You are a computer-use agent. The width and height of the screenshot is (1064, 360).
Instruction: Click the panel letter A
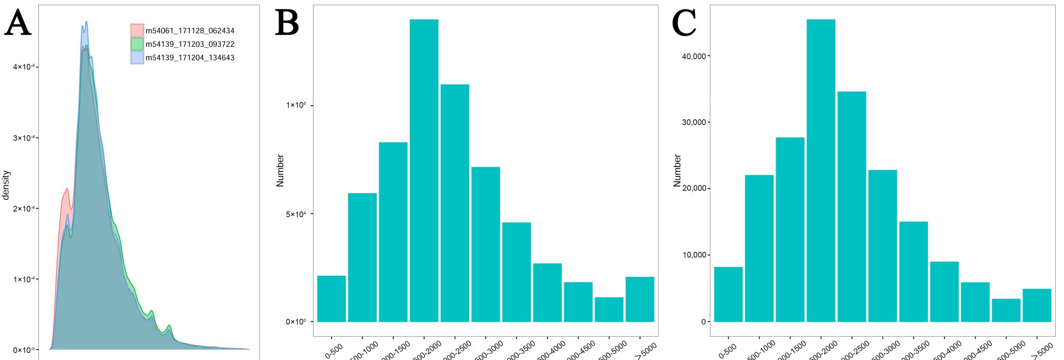point(18,23)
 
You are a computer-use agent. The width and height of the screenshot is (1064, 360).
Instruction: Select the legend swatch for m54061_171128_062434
point(137,31)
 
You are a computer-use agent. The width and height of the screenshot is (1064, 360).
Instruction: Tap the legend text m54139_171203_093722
point(190,44)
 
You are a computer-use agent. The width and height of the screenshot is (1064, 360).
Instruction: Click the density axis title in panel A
point(6,185)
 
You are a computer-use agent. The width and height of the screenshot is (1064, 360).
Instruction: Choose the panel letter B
point(287,23)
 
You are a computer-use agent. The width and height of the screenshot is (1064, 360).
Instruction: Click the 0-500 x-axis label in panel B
point(334,351)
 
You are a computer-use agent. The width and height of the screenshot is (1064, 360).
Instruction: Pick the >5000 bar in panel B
point(640,299)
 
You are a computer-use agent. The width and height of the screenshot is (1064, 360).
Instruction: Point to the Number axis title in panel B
point(281,170)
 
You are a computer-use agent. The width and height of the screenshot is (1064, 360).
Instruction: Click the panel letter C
point(684,23)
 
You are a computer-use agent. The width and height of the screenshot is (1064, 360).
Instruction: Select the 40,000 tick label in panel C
point(694,56)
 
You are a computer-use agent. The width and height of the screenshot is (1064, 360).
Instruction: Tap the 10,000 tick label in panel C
point(694,255)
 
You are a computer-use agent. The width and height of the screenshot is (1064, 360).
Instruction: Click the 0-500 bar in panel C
point(728,294)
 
